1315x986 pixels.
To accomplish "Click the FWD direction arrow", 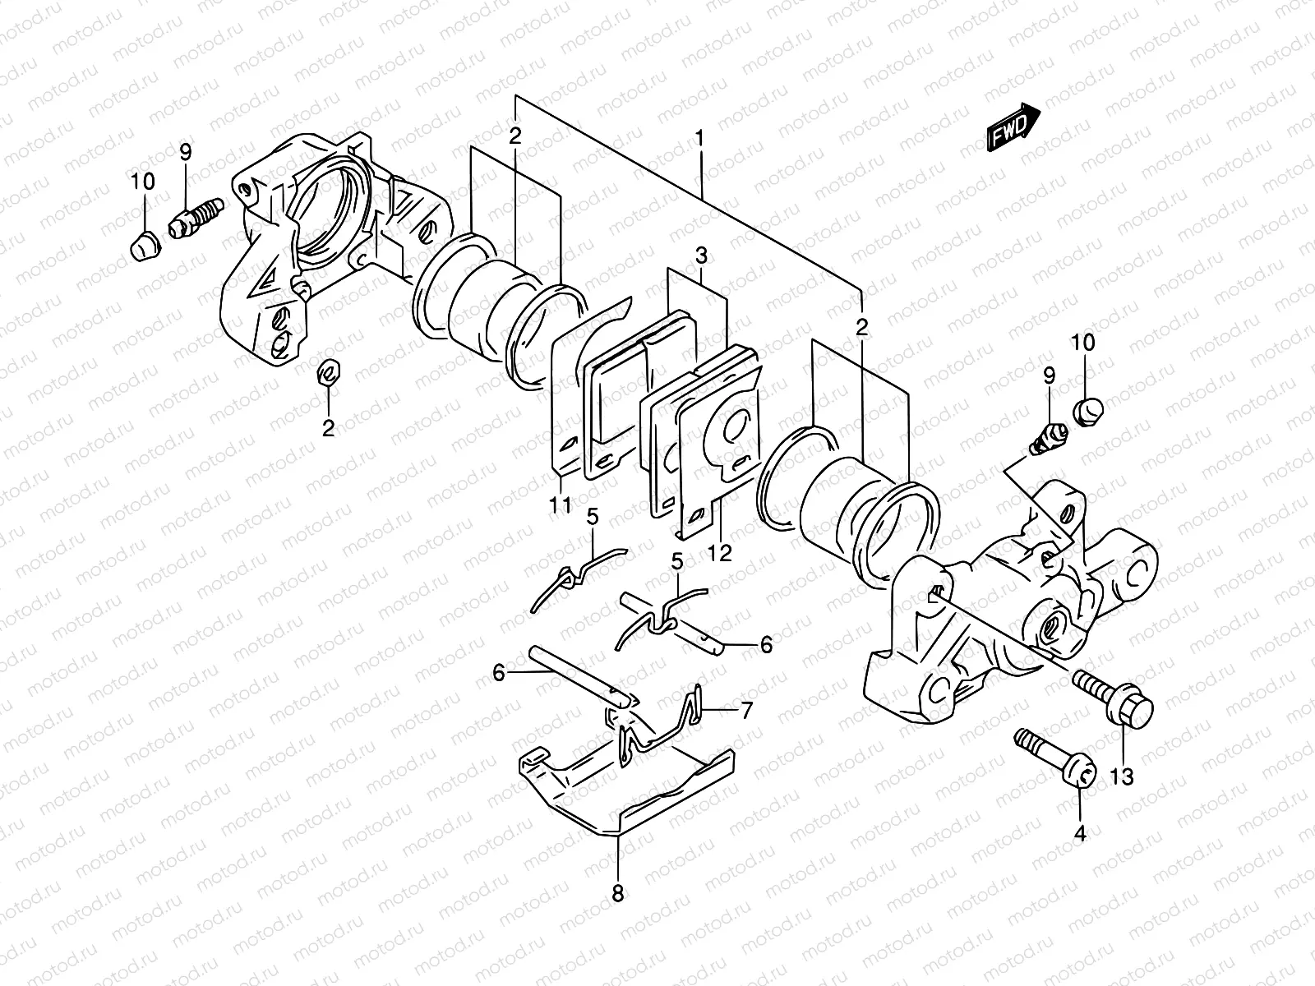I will pyautogui.click(x=1013, y=127).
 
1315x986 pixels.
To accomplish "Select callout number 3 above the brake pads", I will pyautogui.click(x=700, y=256).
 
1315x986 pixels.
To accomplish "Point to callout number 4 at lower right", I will pyautogui.click(x=1080, y=834).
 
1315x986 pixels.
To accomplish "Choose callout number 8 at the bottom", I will pyautogui.click(x=617, y=892).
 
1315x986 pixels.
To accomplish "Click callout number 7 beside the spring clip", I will pyautogui.click(x=745, y=710).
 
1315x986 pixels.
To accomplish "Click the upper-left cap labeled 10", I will pyautogui.click(x=145, y=245).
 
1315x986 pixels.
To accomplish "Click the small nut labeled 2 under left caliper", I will pyautogui.click(x=329, y=372).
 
